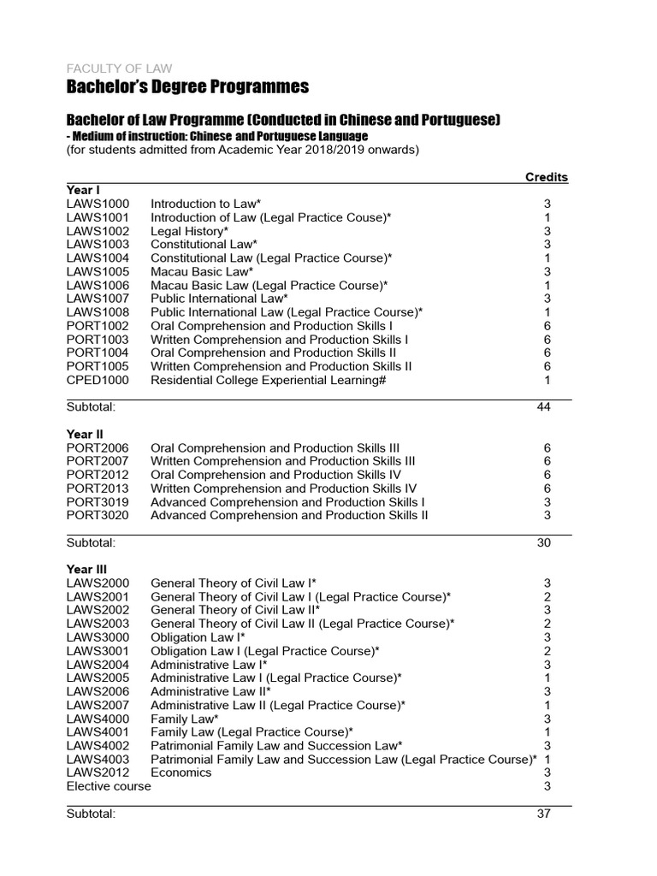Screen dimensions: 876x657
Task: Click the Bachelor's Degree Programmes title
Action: pyautogui.click(x=187, y=87)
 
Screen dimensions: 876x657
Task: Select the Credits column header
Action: pyautogui.click(x=546, y=177)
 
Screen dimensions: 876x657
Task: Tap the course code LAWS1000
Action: pyautogui.click(x=98, y=204)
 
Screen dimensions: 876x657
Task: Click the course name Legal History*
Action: pyautogui.click(x=190, y=231)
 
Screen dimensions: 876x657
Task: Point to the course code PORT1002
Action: pyautogui.click(x=98, y=326)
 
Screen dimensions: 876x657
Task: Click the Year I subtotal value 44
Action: pyautogui.click(x=543, y=406)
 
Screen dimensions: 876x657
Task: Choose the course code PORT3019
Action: pyautogui.click(x=98, y=501)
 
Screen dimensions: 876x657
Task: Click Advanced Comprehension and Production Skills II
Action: pyautogui.click(x=289, y=515)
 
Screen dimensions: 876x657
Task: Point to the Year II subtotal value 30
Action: pyautogui.click(x=543, y=542)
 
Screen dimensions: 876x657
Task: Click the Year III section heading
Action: pyautogui.click(x=86, y=569)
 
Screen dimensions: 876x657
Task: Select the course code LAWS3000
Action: pyautogui.click(x=98, y=637)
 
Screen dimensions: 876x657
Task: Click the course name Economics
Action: pyautogui.click(x=181, y=772)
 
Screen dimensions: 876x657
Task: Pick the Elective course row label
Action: pyautogui.click(x=109, y=786)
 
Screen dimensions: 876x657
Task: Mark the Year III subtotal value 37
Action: pyautogui.click(x=543, y=814)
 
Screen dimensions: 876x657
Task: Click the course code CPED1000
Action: pyautogui.click(x=98, y=380)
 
